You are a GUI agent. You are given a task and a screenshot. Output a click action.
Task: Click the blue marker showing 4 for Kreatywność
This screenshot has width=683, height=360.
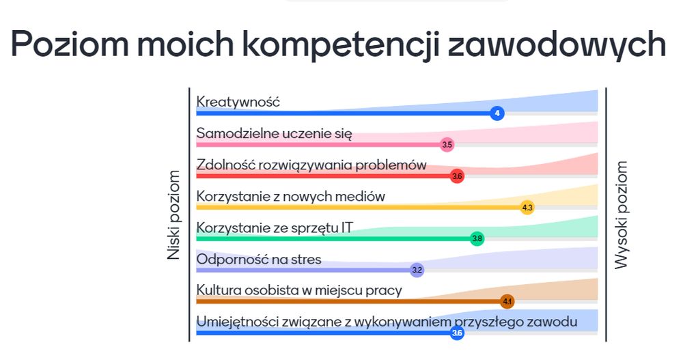[x=497, y=113]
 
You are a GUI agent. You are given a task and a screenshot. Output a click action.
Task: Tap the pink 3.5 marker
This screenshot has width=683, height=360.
[x=447, y=145]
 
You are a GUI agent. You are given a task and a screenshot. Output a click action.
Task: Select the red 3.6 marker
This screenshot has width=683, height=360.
[x=457, y=176]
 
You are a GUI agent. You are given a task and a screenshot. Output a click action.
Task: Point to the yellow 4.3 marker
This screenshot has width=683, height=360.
[x=527, y=208]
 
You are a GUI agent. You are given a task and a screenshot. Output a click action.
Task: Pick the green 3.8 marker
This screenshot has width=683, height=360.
[x=477, y=238]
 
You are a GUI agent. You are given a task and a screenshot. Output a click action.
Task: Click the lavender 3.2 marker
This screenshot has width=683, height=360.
[x=417, y=270]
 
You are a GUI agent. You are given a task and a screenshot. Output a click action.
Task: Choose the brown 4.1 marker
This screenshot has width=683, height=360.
[x=507, y=301]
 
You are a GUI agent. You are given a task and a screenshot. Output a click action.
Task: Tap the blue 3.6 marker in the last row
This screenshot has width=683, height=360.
[x=457, y=333]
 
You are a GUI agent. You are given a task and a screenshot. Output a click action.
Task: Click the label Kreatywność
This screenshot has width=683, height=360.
[x=238, y=102]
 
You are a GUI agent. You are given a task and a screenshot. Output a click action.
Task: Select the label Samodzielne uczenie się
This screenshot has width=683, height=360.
[x=274, y=134]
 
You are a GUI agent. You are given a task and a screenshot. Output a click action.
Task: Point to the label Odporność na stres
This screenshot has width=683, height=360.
[x=259, y=260]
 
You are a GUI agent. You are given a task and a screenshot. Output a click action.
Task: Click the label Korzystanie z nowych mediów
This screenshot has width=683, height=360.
[x=290, y=197]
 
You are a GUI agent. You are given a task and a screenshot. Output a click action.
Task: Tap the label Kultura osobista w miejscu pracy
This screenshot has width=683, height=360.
[x=299, y=291]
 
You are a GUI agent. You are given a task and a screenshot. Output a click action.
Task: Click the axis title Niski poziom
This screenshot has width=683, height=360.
[x=173, y=215]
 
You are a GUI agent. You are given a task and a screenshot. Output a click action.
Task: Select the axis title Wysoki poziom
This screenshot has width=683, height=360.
[x=621, y=215]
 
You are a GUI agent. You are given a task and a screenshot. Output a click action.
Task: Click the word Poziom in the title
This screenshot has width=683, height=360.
[x=70, y=44]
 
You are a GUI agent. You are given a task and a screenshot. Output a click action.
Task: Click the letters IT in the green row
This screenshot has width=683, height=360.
[x=347, y=227]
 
